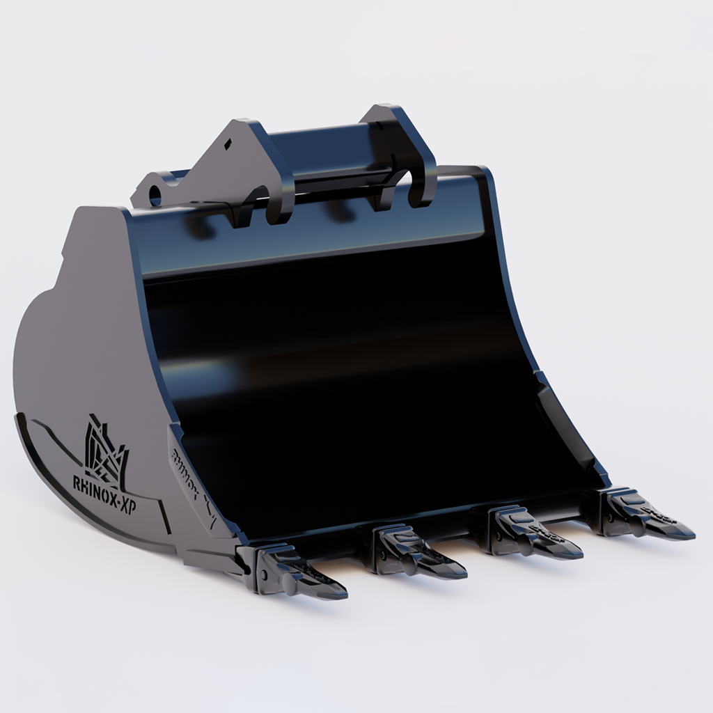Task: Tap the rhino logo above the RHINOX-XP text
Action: [105, 450]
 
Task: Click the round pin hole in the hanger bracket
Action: [155, 194]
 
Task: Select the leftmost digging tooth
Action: [299, 571]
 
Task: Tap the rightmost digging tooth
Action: [644, 516]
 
